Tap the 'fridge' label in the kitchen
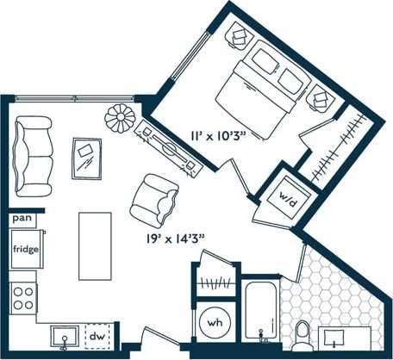(x=24, y=250)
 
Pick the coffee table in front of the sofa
(x=87, y=158)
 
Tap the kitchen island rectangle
(x=94, y=245)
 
